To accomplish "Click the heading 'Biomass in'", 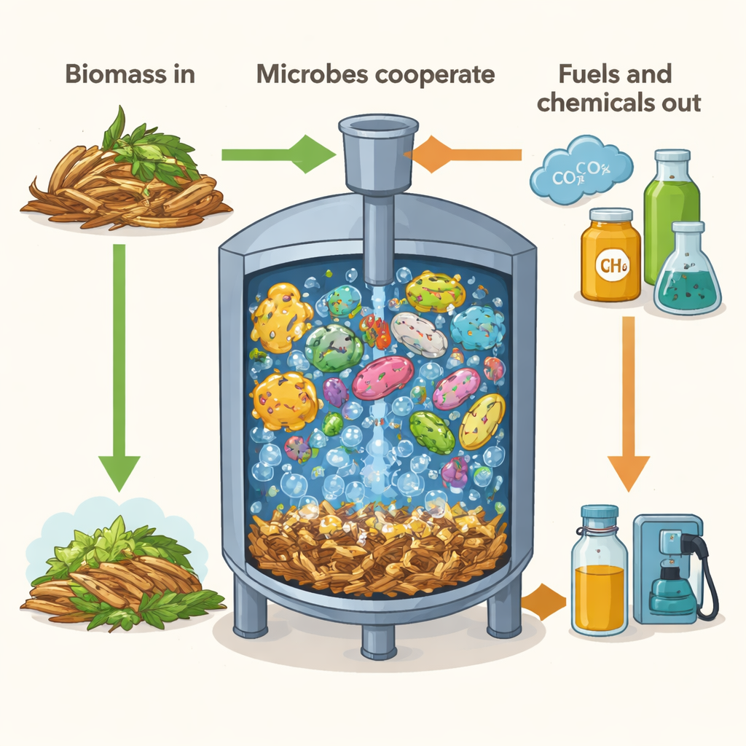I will click(130, 75).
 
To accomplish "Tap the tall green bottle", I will click(671, 214).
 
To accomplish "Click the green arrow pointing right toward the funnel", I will click(277, 154).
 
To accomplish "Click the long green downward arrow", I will click(119, 364).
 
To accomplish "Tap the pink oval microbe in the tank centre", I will click(383, 377).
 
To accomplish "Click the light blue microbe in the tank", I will click(477, 327).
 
